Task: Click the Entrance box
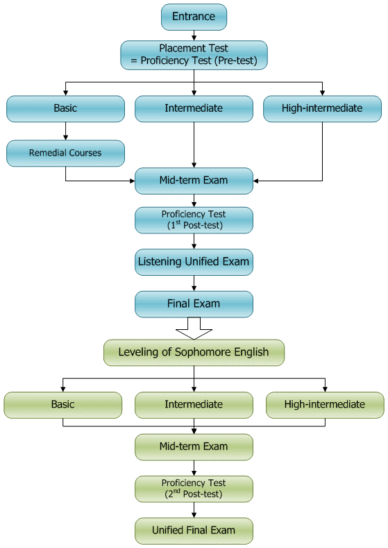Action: point(194,17)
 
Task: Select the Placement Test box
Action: point(194,54)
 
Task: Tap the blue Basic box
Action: point(65,108)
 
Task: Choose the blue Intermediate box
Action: point(194,108)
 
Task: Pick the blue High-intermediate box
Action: point(322,108)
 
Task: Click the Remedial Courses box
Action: point(65,153)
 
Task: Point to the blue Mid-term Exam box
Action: point(194,181)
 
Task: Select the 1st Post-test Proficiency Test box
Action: point(194,220)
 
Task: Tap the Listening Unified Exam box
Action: point(194,263)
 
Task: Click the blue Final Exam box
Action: point(194,304)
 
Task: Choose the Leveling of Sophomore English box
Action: point(194,352)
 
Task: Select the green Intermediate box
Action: point(194,404)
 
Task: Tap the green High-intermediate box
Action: point(325,404)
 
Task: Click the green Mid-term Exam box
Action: point(194,447)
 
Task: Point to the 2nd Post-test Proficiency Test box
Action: point(194,488)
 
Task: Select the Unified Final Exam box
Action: point(194,531)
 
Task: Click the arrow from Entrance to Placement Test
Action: point(194,35)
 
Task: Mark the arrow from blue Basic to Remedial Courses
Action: point(65,131)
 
